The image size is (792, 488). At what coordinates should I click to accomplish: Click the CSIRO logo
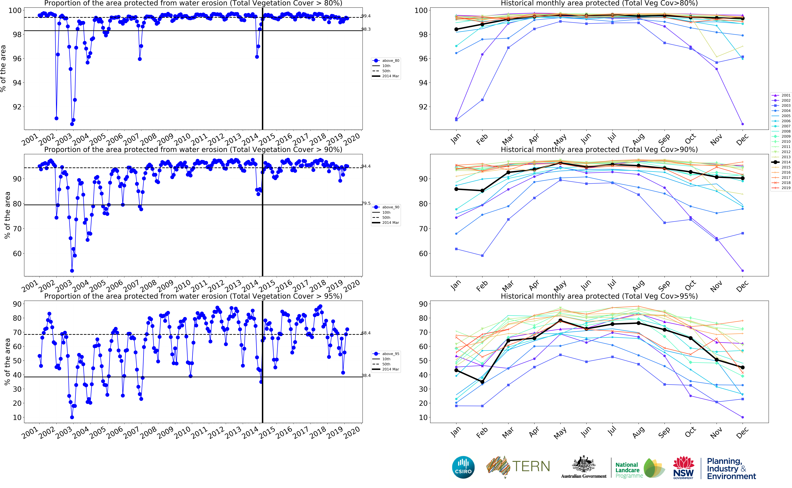pyautogui.click(x=463, y=467)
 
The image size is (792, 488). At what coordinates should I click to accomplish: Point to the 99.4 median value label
pyautogui.click(x=366, y=16)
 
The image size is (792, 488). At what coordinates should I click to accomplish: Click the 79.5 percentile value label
pyautogui.click(x=366, y=203)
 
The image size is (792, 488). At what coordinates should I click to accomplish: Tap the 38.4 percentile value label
pyautogui.click(x=366, y=375)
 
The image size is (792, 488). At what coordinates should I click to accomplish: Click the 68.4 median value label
pyautogui.click(x=366, y=333)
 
